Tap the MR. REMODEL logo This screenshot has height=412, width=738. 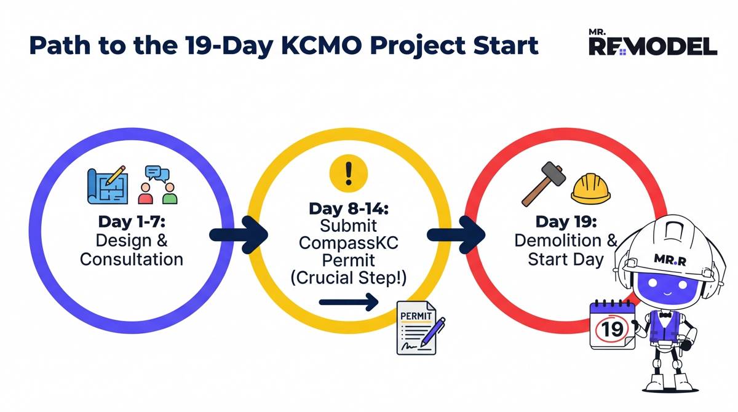[x=653, y=42]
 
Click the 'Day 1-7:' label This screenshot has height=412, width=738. [x=131, y=221]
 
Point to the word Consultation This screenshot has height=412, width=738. [x=131, y=259]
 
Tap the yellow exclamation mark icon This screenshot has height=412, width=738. [x=349, y=173]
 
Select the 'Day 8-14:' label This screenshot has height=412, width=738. [x=349, y=208]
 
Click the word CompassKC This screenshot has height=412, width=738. [x=349, y=243]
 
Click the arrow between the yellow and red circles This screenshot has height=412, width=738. [x=455, y=234]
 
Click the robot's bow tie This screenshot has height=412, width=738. [x=665, y=315]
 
